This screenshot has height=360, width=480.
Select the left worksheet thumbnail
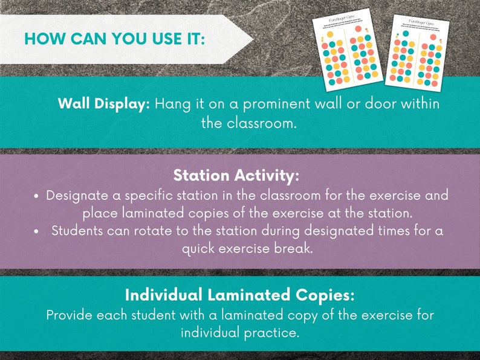[x=348, y=51]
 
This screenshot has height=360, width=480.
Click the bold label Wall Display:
[x=103, y=103]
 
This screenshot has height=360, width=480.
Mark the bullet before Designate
[x=37, y=197]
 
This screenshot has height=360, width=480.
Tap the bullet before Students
[x=37, y=231]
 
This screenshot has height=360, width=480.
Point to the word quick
[x=199, y=248]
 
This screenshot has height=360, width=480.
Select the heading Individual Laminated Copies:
[x=239, y=295]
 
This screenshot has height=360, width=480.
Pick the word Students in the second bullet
[x=79, y=231]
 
